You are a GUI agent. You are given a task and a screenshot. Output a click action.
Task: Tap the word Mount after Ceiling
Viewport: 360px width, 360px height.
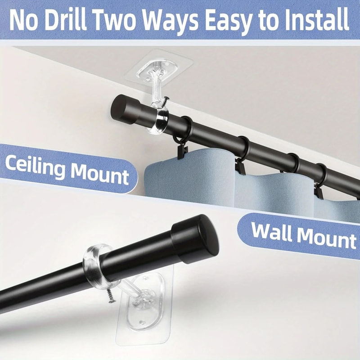tap(98, 173)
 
